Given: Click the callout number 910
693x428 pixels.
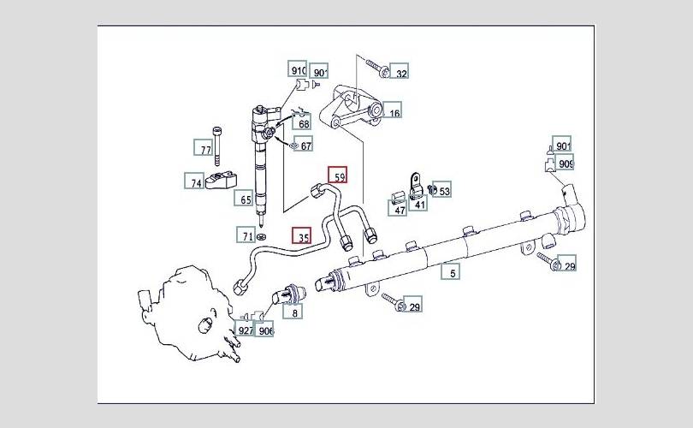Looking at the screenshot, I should (299, 71).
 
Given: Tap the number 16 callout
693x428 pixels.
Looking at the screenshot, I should (393, 112).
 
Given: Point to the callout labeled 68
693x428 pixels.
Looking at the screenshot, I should (304, 124).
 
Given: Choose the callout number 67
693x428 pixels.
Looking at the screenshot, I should (305, 146).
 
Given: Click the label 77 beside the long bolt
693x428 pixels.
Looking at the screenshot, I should (205, 150).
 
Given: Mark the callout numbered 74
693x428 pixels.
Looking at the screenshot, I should (196, 181).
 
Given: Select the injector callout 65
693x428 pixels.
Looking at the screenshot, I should (246, 199).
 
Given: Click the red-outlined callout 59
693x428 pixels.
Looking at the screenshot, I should (340, 177).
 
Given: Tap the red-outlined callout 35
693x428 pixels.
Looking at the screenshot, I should (302, 235).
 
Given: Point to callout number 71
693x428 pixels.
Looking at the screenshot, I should (247, 235).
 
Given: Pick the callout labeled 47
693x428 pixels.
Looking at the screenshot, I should (400, 209).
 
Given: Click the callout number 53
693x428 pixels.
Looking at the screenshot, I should (444, 190).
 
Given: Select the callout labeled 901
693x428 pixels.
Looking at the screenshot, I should (562, 145).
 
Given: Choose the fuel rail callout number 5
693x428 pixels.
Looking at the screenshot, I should (453, 273).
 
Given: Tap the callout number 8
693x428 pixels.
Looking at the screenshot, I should (295, 313).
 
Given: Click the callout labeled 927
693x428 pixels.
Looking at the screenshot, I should (245, 330).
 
